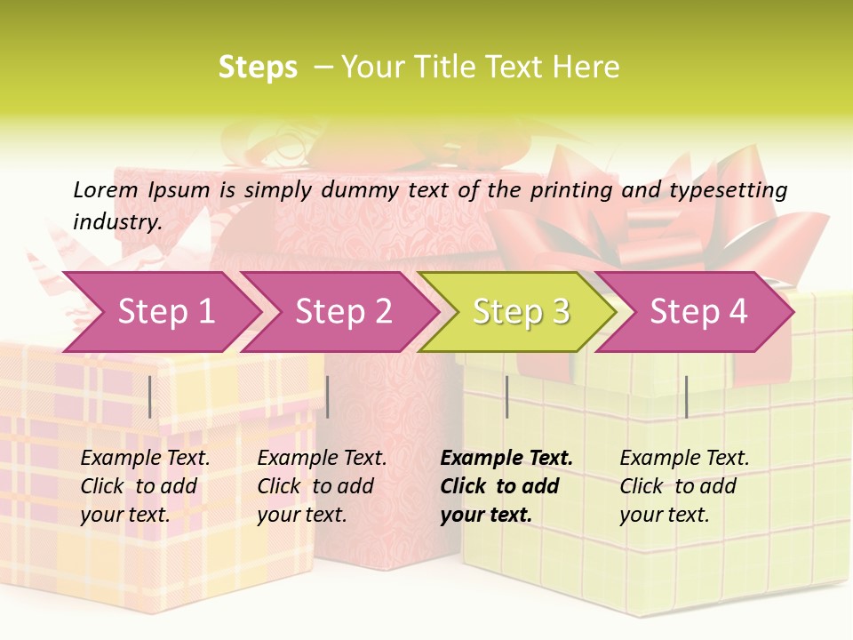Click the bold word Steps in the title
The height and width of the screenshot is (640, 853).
pos(258,68)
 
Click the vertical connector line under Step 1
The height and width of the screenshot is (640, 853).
pos(150,396)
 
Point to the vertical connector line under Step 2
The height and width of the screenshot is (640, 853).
pos(328,396)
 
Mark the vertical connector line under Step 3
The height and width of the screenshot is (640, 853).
pos(506,396)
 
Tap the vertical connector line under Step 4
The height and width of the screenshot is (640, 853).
pos(686,396)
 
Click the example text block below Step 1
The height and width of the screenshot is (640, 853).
pos(145,486)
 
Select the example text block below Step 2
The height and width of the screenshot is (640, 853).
pos(322,486)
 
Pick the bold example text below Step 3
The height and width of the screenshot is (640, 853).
pos(506,486)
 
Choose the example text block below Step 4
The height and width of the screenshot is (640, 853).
pos(684,486)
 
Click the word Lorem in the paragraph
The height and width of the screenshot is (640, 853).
pos(106,189)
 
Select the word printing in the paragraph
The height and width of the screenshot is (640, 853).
pos(571,190)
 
